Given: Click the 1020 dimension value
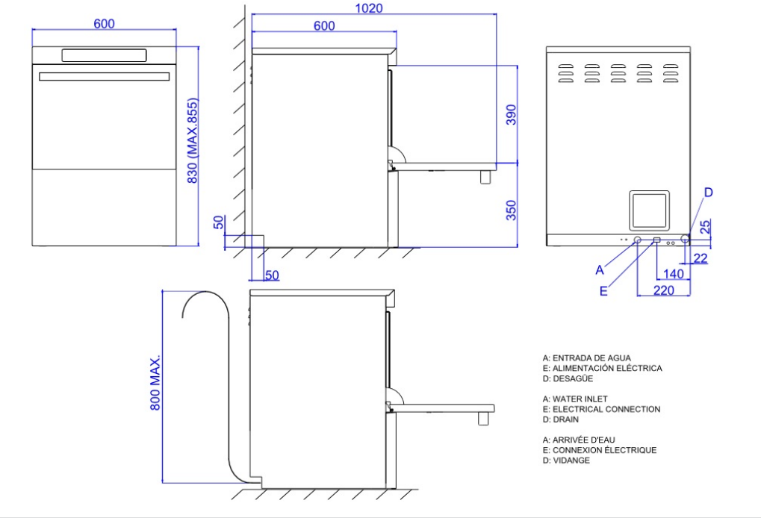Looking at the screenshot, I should coord(370,8).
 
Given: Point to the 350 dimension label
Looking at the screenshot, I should coord(511,210).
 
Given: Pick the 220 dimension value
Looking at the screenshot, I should coord(662,290).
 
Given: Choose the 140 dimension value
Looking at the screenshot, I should coord(673,274).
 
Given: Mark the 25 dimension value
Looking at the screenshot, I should coord(706,226).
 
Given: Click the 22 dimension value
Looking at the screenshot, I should coord(701,258).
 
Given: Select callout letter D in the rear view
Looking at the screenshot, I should coord(708,193).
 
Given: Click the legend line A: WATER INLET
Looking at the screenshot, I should coord(575,399).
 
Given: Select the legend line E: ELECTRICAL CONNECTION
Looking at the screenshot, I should coord(601,409).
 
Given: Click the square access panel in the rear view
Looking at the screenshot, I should coord(649,210).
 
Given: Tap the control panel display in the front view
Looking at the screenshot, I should coord(104,55).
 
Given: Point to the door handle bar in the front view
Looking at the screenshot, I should coord(104,76).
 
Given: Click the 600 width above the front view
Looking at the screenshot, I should coord(104,24).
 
